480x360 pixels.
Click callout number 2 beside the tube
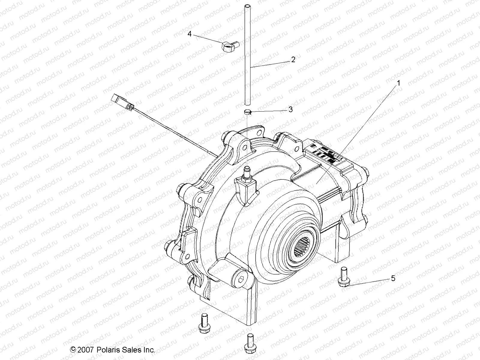click(293, 59)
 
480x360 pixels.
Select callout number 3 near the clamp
click(290, 110)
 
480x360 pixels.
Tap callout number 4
click(190, 34)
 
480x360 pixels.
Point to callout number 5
click(393, 278)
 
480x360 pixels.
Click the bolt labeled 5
click(343, 279)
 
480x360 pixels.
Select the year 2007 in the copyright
click(86, 350)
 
